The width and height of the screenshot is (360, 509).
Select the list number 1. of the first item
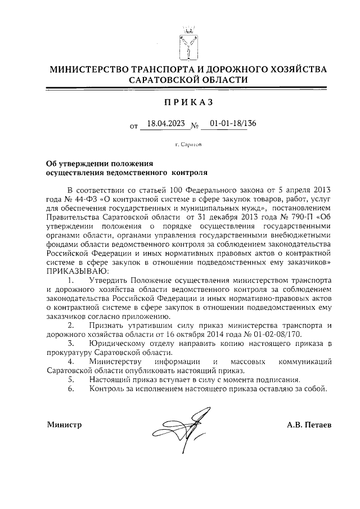(x=70, y=279)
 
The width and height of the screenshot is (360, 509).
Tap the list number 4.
(x=70, y=361)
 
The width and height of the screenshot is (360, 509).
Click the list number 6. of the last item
(x=70, y=388)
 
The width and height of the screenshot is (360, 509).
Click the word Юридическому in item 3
(x=116, y=343)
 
